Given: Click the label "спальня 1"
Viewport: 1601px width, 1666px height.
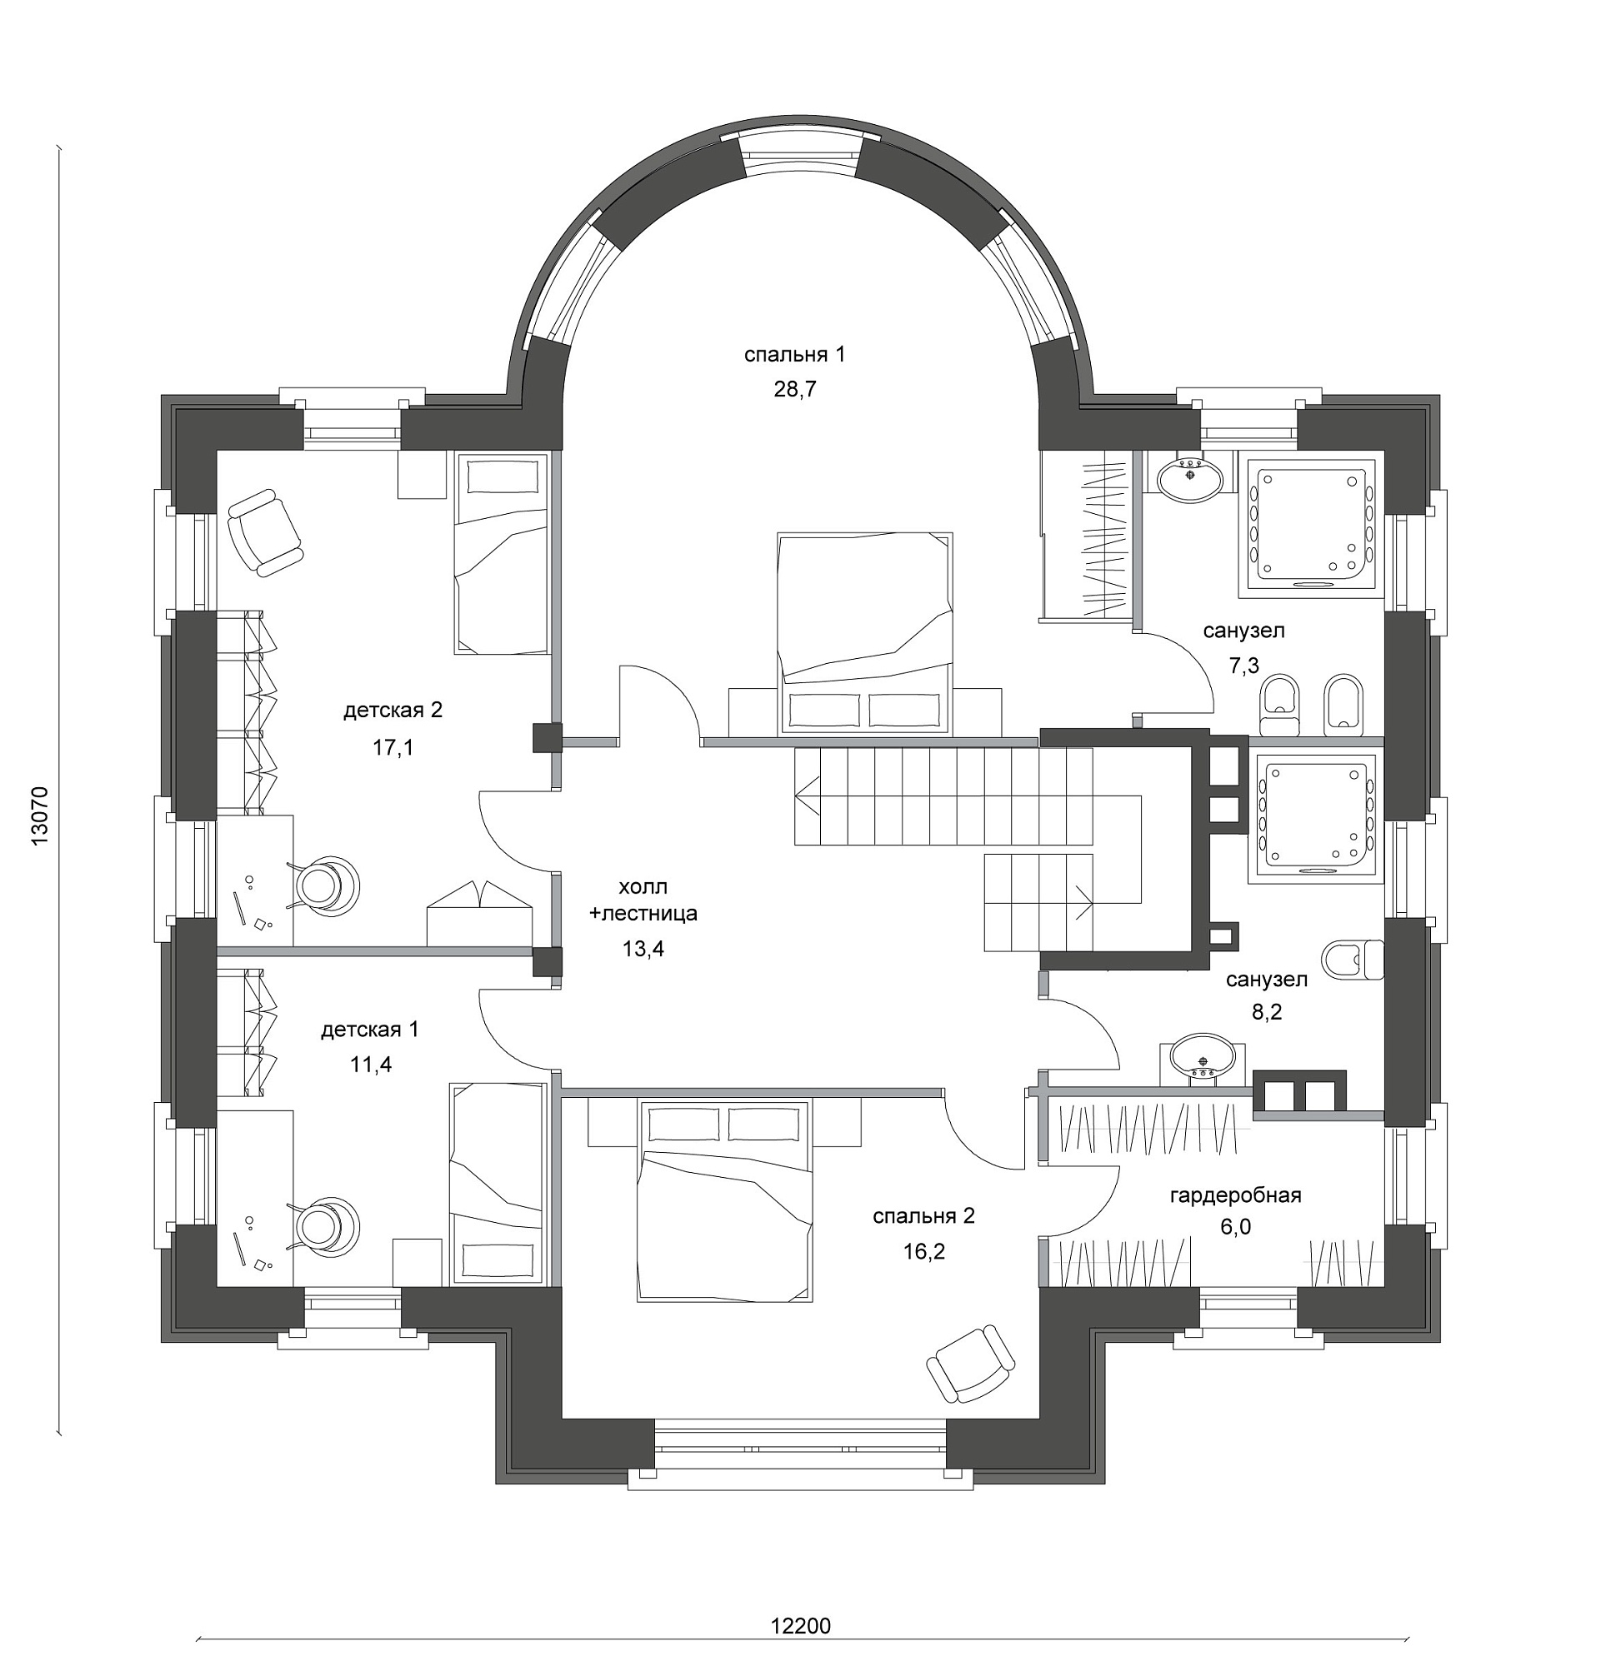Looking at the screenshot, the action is point(794,355).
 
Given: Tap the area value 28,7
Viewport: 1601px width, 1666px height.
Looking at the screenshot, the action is point(794,389).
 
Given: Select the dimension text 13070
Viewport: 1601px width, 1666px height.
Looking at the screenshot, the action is point(39,814).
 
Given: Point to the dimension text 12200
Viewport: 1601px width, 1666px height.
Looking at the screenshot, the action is point(800,1625).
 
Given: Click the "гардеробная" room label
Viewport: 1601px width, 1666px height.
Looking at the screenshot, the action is point(1235,1196).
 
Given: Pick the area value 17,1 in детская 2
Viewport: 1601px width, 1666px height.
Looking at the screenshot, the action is point(392,747).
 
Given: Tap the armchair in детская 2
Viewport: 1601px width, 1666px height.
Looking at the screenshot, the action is point(264,533).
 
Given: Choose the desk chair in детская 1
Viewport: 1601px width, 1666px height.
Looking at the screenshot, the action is point(327,1223).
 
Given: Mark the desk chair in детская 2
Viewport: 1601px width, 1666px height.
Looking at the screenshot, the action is point(327,885).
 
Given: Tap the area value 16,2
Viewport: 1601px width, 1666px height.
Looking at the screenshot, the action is point(923,1251).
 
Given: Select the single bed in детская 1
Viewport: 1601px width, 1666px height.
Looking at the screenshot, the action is point(498,1183).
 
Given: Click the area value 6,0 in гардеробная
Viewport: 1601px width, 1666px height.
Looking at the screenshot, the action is point(1235,1226).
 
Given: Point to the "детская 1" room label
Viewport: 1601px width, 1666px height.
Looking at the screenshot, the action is point(370,1030).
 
